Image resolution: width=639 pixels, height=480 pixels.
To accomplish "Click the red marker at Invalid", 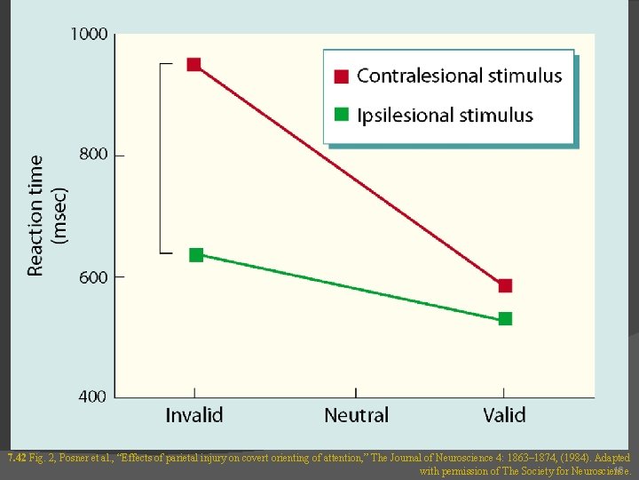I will click(x=193, y=64).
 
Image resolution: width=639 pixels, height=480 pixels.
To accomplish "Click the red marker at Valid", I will click(x=505, y=285).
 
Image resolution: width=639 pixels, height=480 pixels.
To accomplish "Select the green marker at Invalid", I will click(x=196, y=255).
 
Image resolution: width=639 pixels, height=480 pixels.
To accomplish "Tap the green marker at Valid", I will click(x=505, y=318).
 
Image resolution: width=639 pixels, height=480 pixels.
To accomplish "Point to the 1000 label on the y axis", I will click(x=89, y=34).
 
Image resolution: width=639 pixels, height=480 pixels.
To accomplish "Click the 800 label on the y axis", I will click(x=93, y=155).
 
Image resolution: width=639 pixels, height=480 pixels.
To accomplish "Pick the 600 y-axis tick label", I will click(x=93, y=276).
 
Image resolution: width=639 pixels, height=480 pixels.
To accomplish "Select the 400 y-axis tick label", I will click(x=93, y=396).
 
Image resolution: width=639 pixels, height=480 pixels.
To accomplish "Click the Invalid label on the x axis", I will click(x=194, y=415).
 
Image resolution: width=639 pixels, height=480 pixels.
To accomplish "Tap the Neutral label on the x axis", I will click(x=356, y=415).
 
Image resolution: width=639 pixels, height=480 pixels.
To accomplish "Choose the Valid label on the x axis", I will click(x=504, y=415).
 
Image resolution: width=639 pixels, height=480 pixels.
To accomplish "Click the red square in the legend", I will click(x=341, y=76).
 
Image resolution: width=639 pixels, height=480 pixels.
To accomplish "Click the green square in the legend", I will click(x=341, y=115).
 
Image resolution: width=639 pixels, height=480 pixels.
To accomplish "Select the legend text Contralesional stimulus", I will click(x=459, y=76).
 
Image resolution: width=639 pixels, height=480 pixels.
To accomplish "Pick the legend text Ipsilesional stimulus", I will click(x=445, y=115).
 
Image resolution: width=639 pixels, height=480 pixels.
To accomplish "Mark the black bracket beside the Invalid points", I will click(x=162, y=158).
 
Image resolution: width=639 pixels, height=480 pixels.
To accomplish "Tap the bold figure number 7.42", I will click(x=16, y=459).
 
